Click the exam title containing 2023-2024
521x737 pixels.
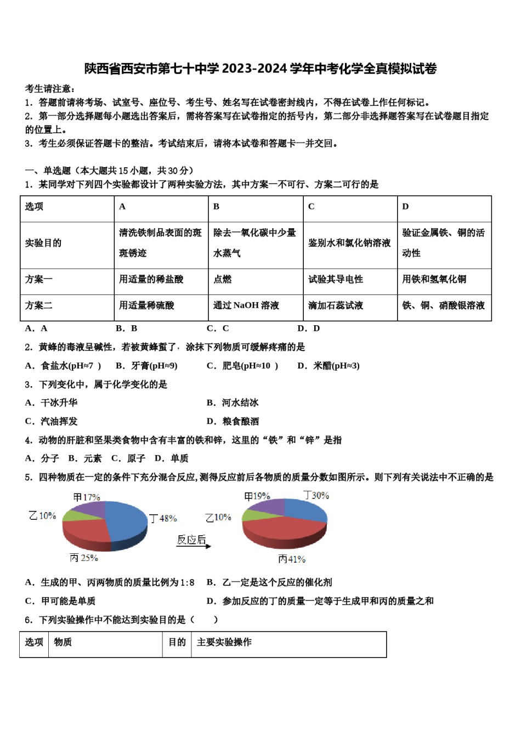[260, 69]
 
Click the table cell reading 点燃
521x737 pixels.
[223, 279]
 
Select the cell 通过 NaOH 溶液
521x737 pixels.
[246, 305]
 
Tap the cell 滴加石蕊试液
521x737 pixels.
[336, 305]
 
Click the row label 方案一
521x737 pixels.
[39, 279]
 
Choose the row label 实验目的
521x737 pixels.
[43, 243]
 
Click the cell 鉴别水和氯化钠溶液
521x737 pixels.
[349, 243]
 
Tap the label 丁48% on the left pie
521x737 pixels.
[163, 518]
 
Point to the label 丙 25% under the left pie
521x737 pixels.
[84, 558]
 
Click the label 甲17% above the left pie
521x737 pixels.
[87, 497]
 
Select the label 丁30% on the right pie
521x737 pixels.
[317, 495]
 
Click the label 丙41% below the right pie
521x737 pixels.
[292, 559]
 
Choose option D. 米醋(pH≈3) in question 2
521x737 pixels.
[329, 366]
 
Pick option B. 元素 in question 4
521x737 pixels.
[85, 458]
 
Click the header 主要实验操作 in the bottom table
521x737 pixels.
[224, 642]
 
